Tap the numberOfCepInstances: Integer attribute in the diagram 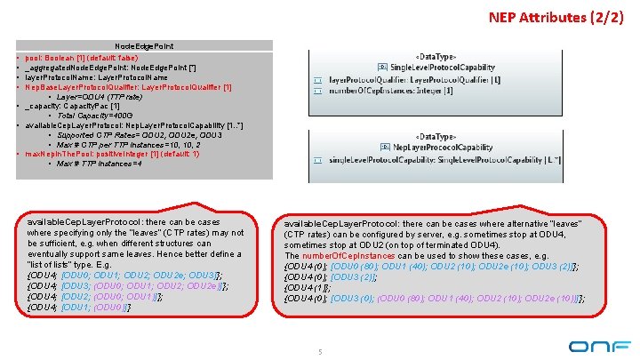pyautogui.click(x=390, y=90)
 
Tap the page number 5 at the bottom pyautogui.click(x=319, y=352)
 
